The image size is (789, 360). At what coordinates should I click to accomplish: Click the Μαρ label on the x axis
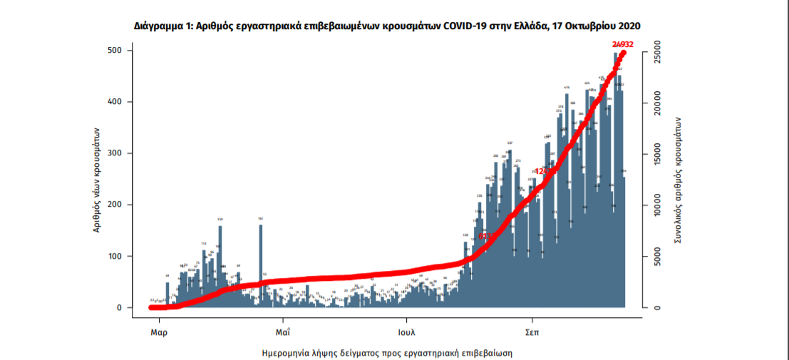(x=158, y=331)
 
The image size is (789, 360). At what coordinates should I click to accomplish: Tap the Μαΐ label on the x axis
(x=283, y=331)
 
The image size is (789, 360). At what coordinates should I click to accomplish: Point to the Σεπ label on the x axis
(x=532, y=331)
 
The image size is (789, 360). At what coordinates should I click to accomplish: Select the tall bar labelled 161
(x=261, y=264)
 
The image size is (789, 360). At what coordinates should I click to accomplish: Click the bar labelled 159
(x=220, y=264)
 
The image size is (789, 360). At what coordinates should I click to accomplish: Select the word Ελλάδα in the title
(x=527, y=26)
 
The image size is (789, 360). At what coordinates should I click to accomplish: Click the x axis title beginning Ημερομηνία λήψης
(x=387, y=353)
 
